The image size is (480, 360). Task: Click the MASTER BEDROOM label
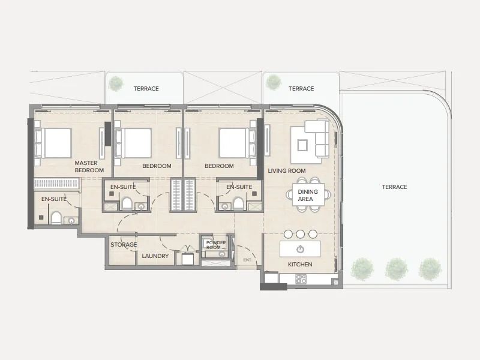(89, 167)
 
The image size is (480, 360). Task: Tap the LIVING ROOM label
(287, 171)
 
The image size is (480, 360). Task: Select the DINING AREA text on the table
(308, 196)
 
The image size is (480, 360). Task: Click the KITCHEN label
(300, 264)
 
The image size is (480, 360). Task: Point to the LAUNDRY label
(155, 256)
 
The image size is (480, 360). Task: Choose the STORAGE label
(124, 245)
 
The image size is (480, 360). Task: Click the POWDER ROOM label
(216, 245)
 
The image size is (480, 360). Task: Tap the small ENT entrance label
(247, 260)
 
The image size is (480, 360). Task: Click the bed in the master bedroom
(53, 143)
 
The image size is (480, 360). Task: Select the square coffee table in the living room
(302, 145)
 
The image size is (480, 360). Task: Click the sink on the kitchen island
(301, 249)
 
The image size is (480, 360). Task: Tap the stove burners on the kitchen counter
(301, 279)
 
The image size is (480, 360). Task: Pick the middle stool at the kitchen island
(301, 234)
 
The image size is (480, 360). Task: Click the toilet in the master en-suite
(56, 218)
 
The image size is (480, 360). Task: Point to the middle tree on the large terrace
(396, 269)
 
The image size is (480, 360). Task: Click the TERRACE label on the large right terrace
(394, 187)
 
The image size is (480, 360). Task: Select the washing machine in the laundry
(187, 259)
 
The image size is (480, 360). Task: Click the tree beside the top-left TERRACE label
(116, 83)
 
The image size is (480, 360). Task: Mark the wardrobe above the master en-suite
(56, 184)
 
